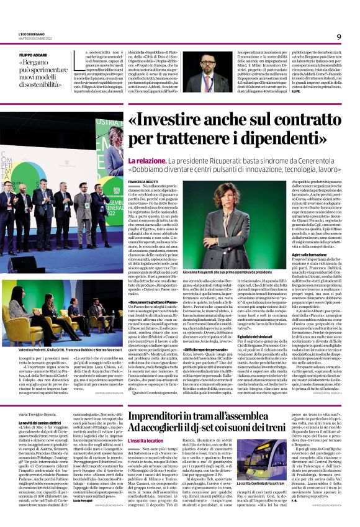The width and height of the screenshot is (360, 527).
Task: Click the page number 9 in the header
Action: coord(339,36)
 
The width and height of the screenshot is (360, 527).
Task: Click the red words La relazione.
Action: coord(146,161)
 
